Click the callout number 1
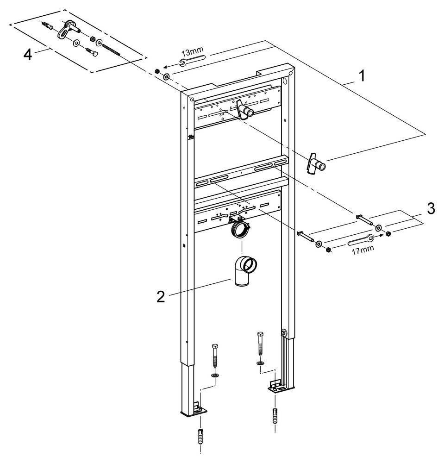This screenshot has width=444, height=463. coord(362,75)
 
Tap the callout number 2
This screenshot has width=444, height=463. coord(161,297)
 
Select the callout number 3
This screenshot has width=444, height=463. coord(431,209)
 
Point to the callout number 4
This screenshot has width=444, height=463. coord(28,55)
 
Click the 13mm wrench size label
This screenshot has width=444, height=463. coord(190,52)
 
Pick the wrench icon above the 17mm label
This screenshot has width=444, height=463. coord(361,239)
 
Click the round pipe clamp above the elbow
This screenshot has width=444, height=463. coord(240,229)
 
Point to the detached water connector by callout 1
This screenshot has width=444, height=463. coord(315,164)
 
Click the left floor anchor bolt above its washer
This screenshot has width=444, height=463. coord(215,358)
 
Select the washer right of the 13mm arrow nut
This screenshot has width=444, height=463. coord(166,76)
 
